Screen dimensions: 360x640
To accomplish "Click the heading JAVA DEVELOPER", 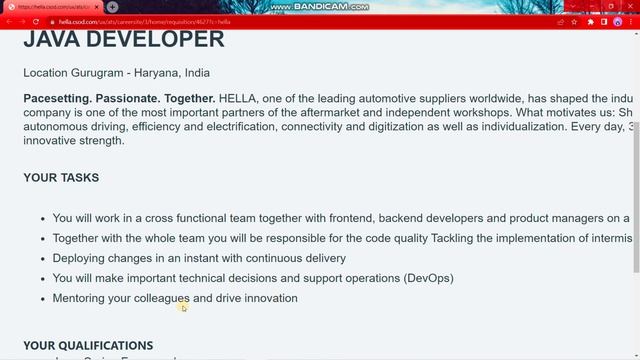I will [x=124, y=40].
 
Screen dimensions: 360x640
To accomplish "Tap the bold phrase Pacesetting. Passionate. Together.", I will [x=119, y=98].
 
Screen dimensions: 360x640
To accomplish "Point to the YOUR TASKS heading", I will [x=61, y=178].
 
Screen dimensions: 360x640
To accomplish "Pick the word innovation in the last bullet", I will [x=268, y=298].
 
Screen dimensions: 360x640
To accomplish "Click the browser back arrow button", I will [x=9, y=21].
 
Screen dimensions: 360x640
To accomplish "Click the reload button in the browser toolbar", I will [x=37, y=21].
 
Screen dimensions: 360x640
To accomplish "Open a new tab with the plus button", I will [x=113, y=7].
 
